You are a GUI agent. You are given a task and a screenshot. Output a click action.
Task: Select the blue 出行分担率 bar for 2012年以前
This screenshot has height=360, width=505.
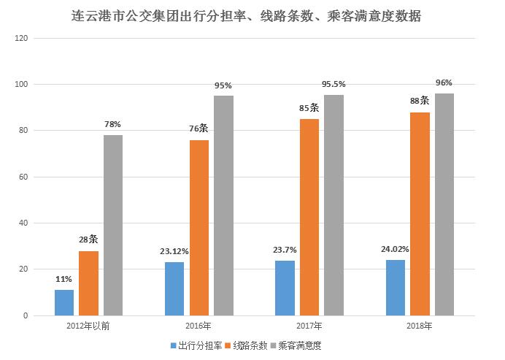pyautogui.click(x=64, y=302)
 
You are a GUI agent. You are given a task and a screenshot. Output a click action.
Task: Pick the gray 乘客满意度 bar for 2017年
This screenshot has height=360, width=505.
pyautogui.click(x=334, y=205)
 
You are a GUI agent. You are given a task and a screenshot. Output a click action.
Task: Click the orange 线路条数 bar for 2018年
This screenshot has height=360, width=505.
pyautogui.click(x=420, y=214)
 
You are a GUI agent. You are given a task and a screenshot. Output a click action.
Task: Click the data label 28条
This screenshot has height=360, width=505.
pyautogui.click(x=88, y=240)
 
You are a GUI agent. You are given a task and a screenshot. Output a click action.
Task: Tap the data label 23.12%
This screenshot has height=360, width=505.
pyautogui.click(x=174, y=251)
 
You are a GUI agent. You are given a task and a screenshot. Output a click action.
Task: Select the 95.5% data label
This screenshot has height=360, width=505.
pyautogui.click(x=334, y=84)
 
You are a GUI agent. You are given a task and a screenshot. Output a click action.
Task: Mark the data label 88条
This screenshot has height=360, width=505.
pyautogui.click(x=420, y=101)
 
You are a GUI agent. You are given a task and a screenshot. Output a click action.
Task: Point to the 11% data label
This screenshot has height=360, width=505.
pyautogui.click(x=64, y=279)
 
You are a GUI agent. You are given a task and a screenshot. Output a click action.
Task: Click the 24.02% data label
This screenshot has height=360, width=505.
pyautogui.click(x=396, y=248)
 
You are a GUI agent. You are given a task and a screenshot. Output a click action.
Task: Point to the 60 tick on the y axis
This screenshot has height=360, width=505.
pyautogui.click(x=23, y=177)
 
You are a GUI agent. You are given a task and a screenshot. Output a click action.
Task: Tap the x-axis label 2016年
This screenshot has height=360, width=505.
pyautogui.click(x=198, y=326)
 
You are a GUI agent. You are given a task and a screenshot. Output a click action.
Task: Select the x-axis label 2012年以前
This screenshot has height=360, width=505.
pyautogui.click(x=88, y=326)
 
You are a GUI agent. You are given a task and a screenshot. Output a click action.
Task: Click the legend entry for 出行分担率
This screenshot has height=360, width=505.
pyautogui.click(x=194, y=345)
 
